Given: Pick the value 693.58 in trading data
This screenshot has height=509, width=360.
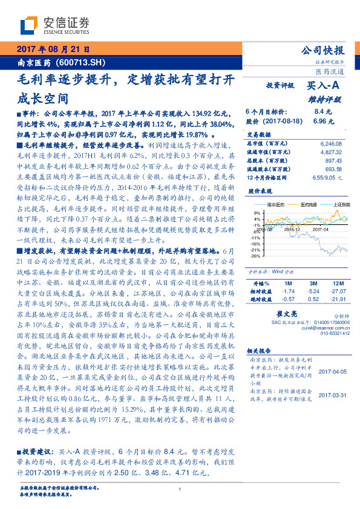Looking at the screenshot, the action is pos(333,169).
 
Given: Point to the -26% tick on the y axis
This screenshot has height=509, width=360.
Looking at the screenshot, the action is pos(257,256).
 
